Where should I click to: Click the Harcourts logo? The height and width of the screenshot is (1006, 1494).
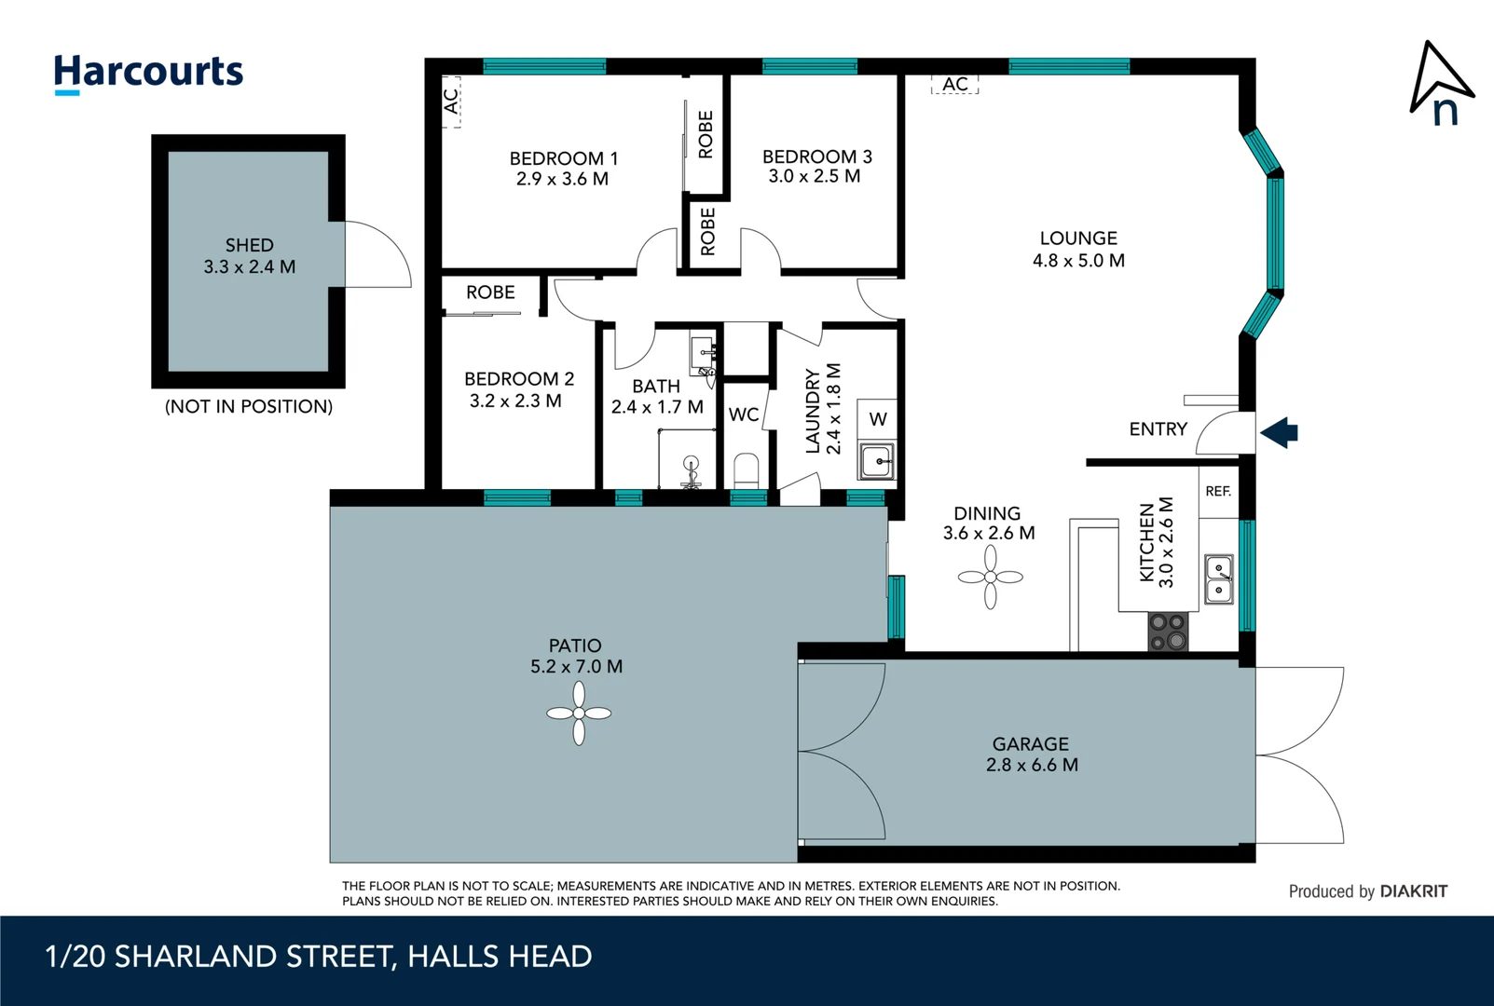[x=148, y=73]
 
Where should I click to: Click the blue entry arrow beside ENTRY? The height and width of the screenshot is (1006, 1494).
[x=1280, y=432]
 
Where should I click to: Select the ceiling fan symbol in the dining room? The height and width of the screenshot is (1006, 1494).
[x=990, y=577]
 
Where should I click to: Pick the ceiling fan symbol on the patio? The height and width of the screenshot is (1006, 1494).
[x=579, y=714]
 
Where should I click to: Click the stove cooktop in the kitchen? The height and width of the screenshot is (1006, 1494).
[x=1168, y=632]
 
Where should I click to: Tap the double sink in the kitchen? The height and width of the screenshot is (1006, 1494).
[x=1219, y=579]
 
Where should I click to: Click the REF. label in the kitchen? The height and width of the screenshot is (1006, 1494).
[x=1218, y=491]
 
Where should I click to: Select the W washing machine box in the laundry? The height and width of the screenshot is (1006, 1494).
[x=878, y=419]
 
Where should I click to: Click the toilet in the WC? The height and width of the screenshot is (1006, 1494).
[x=747, y=469]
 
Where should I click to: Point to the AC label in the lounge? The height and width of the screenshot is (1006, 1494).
[x=955, y=85]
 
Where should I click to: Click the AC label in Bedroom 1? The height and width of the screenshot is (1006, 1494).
[x=451, y=101]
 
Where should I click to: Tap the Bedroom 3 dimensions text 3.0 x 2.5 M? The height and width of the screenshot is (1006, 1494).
[x=814, y=176]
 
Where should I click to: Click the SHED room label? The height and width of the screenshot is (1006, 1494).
[x=249, y=245]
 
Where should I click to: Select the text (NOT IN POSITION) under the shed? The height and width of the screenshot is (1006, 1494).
[x=249, y=407]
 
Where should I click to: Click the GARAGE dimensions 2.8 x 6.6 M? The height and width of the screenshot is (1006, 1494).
[x=1032, y=765]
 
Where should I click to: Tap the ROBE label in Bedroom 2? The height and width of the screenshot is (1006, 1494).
[x=490, y=292]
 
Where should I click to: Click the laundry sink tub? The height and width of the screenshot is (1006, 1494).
[x=875, y=461]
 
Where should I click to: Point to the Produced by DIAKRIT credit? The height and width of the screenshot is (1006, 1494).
[x=1367, y=891]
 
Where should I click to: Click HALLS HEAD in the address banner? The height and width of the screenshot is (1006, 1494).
[x=500, y=957]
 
